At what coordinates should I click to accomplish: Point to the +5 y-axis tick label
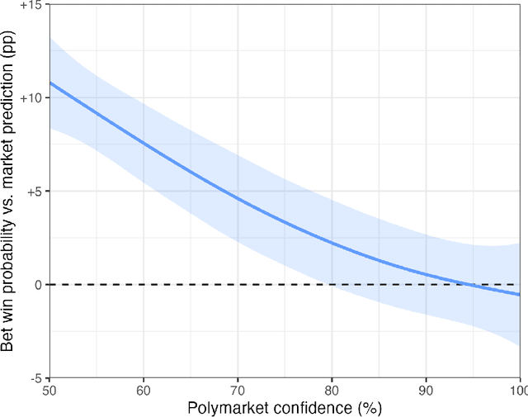(33, 191)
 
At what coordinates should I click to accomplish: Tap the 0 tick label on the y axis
(38, 285)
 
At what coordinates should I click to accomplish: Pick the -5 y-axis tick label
(35, 377)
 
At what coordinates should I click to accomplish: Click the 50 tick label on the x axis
(49, 389)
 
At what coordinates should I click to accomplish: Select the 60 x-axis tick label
(144, 389)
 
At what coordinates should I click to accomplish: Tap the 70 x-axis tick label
(238, 389)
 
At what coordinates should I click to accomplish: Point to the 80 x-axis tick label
(332, 389)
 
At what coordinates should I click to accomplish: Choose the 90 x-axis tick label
(426, 389)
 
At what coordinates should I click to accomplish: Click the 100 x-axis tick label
(517, 389)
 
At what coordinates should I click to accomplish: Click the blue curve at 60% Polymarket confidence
(144, 142)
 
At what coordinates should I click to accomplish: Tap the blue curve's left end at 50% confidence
(50, 83)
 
